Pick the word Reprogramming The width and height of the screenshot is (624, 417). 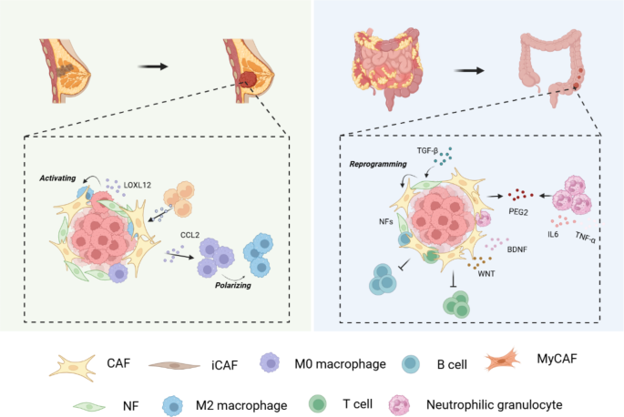coord(375,167)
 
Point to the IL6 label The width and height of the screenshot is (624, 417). coord(553,234)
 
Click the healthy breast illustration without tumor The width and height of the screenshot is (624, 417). coord(66,69)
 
